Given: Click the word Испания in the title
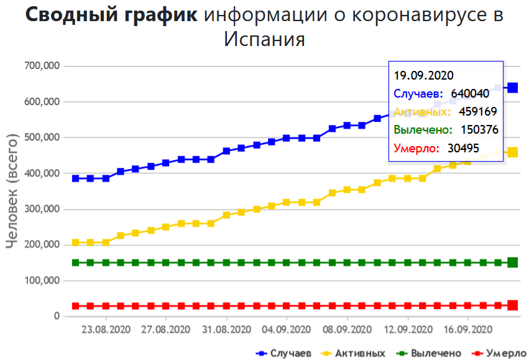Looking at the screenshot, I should [x=264, y=39].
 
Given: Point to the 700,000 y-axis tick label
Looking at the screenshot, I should [x=40, y=66].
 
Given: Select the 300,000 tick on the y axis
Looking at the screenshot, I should [x=40, y=209].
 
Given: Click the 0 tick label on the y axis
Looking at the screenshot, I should [x=56, y=316].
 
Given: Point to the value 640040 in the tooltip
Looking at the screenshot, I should [x=471, y=93].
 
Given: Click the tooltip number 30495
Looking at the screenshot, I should [x=464, y=148].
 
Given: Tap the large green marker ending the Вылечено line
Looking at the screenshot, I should [x=513, y=262].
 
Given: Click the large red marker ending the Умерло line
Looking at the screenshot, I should [x=513, y=305].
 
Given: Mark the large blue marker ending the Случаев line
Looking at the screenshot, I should [x=513, y=88].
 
